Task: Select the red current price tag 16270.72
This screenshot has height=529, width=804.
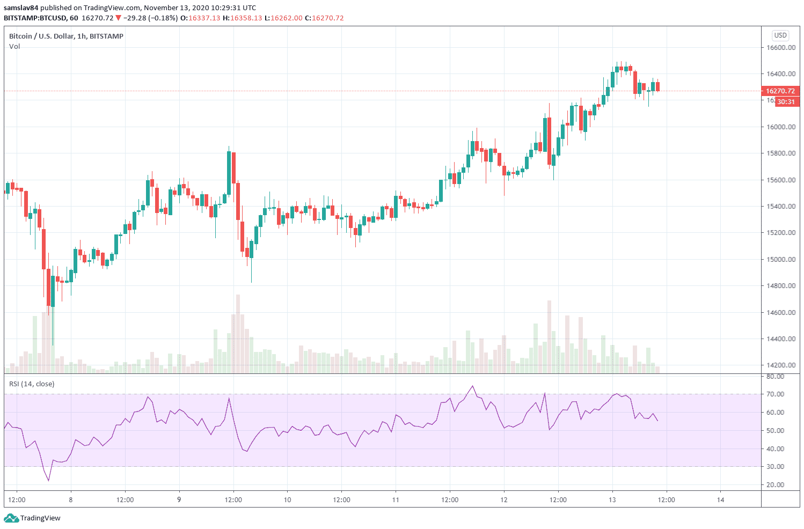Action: point(780,91)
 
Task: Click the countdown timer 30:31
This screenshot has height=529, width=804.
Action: point(786,102)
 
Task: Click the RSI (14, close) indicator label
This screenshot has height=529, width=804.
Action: point(32,384)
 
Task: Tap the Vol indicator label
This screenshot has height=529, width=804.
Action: point(14,47)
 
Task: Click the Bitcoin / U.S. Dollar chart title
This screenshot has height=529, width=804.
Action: point(66,36)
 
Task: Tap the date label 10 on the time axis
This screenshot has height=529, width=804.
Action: point(288,500)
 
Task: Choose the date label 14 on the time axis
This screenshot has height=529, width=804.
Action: point(720,500)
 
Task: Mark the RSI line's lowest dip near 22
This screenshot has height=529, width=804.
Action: point(48,481)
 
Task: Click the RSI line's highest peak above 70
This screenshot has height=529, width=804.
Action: point(472,386)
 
